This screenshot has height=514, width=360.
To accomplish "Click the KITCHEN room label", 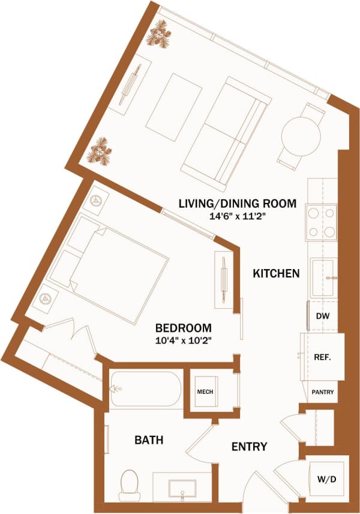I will tap(276, 274).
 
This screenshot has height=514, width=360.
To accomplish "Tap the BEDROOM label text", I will tap(183, 328).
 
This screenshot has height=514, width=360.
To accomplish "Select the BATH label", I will tap(149, 440).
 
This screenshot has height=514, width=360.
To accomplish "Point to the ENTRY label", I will tap(250, 447).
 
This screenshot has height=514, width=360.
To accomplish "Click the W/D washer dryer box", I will tap(327, 480).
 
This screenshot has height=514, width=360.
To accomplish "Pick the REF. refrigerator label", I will tap(323, 357).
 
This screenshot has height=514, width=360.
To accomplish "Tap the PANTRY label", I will tap(322, 392).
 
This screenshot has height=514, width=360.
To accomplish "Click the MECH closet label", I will tap(205, 393).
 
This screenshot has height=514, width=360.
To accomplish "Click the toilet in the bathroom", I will tap(130, 485).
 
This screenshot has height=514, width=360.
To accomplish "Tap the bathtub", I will tap(145, 389).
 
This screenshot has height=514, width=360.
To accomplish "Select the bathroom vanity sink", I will tap(183, 487).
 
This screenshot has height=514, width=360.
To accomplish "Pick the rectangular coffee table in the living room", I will tap(173, 107).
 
